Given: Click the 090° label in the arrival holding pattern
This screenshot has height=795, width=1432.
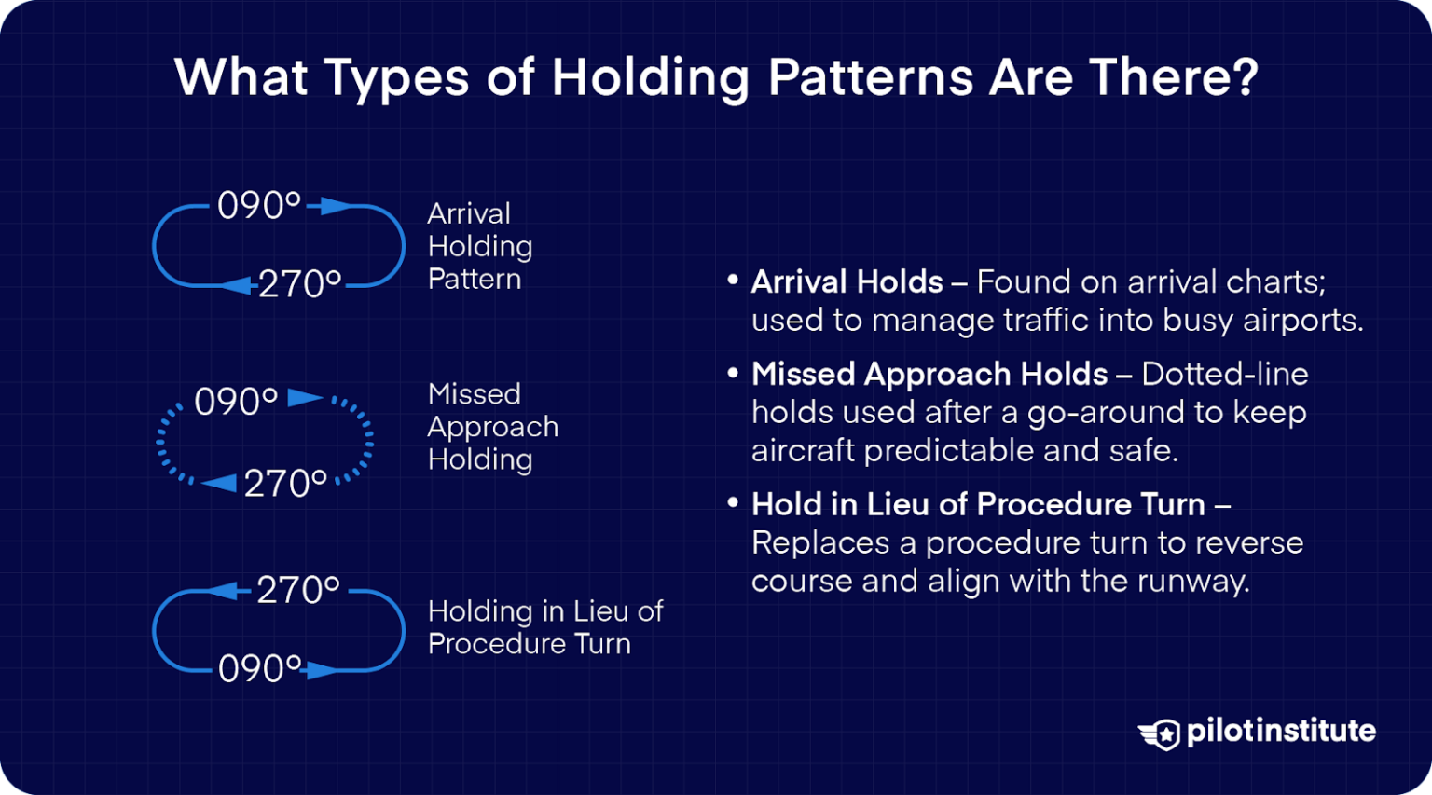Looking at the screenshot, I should (x=258, y=205).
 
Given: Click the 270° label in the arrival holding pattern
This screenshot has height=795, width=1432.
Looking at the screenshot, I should (x=299, y=284).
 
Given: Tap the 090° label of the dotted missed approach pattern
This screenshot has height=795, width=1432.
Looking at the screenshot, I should (x=235, y=402).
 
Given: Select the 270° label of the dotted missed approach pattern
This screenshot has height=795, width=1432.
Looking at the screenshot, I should (x=285, y=484).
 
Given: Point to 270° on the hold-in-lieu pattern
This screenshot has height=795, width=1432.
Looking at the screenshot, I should (x=297, y=590).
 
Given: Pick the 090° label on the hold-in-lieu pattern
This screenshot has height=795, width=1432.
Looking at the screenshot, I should (x=259, y=668).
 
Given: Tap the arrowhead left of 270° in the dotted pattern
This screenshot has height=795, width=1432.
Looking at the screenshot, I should (x=220, y=483).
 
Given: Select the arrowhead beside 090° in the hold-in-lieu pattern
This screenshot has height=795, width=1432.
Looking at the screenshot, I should (x=322, y=670).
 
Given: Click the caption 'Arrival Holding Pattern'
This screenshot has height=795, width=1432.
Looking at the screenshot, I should (x=479, y=246).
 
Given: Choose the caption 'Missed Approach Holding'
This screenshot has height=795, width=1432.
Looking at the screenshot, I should (x=492, y=426).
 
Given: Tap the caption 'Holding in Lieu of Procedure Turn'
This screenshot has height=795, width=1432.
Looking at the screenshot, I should (x=544, y=627).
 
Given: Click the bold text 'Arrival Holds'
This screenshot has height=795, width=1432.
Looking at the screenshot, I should (x=847, y=281).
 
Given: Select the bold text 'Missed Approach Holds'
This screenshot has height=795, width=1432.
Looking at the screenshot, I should (x=929, y=374).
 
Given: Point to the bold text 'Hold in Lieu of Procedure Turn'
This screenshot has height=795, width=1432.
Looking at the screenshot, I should (x=978, y=504).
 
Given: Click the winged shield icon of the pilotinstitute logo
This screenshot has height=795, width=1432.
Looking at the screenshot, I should (x=1160, y=733).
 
